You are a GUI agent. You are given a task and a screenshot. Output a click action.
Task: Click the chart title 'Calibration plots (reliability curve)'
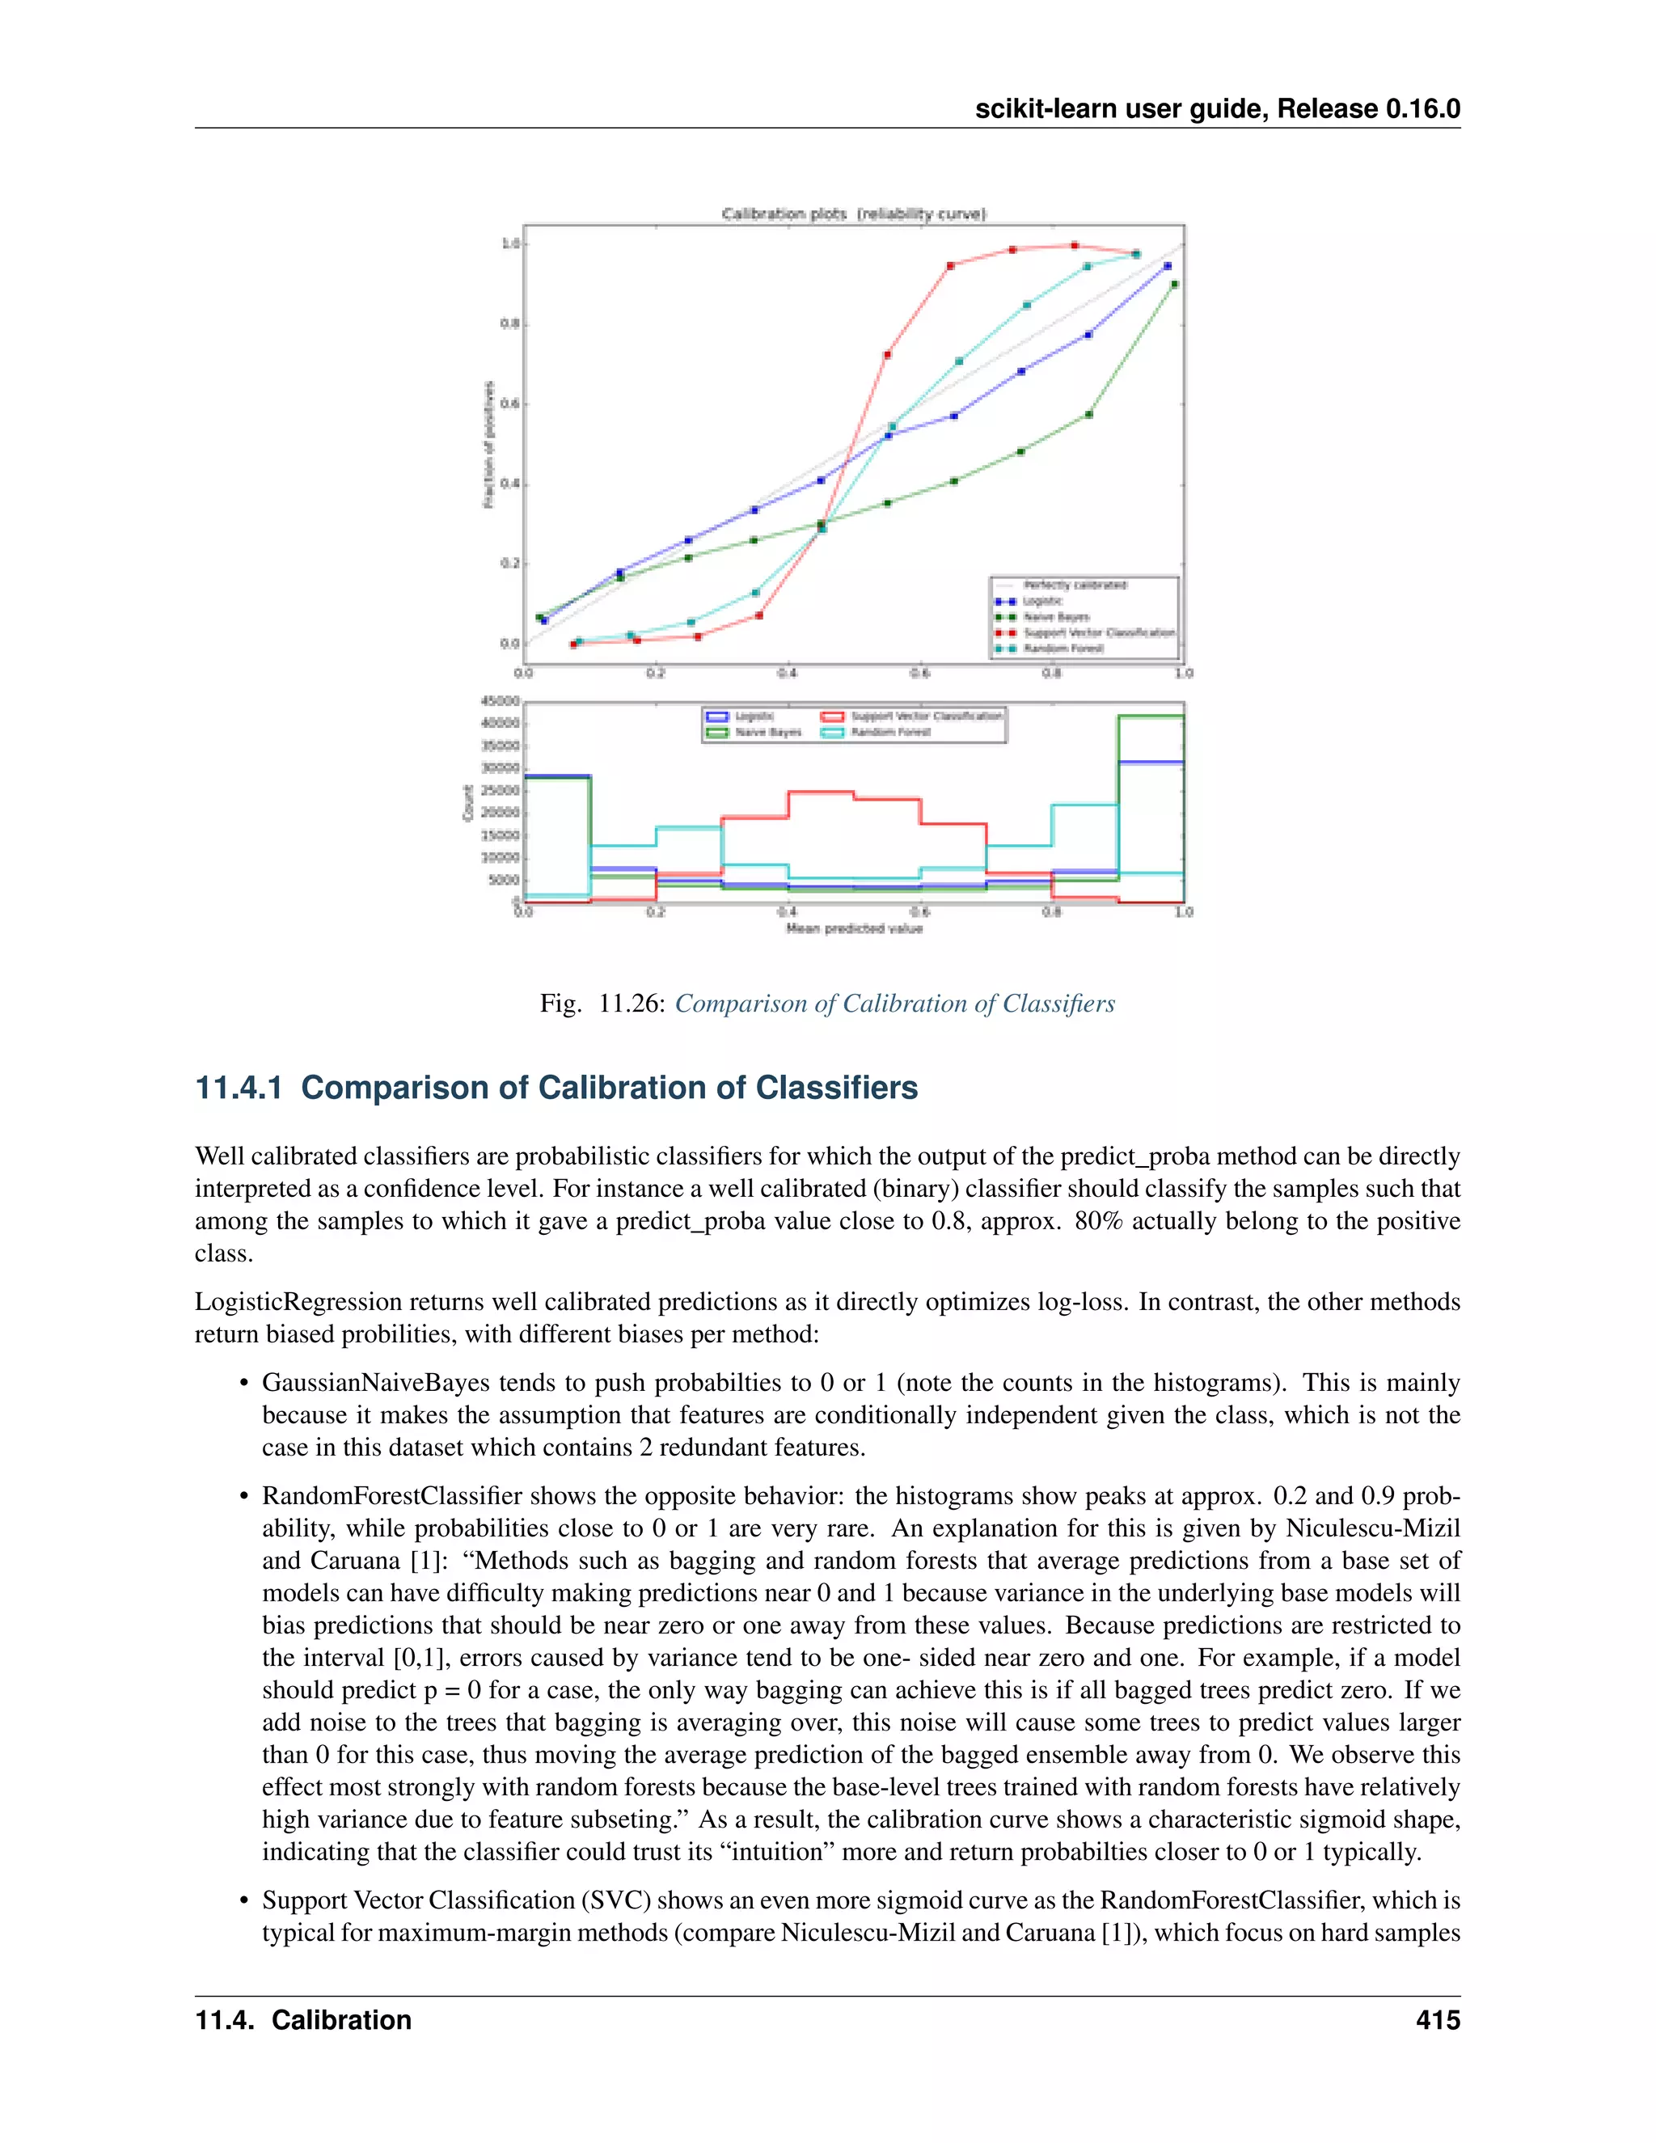click(x=854, y=214)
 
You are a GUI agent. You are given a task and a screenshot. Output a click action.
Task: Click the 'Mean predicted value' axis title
click(x=854, y=928)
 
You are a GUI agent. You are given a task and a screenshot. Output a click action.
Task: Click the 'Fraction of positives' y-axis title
click(x=488, y=445)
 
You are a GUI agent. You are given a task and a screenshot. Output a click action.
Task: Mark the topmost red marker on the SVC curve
click(x=1075, y=245)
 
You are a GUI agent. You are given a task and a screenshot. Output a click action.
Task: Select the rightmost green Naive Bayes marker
click(x=1174, y=285)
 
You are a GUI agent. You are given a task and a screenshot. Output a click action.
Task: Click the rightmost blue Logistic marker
click(x=1168, y=266)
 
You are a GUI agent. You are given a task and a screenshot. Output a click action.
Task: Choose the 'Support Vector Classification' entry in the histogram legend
click(x=926, y=716)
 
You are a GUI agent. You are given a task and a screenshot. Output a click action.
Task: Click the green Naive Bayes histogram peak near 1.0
click(x=1150, y=716)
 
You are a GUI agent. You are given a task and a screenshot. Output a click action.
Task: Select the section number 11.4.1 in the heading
click(x=239, y=1088)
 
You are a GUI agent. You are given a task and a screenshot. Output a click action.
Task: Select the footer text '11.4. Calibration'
click(x=303, y=2020)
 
